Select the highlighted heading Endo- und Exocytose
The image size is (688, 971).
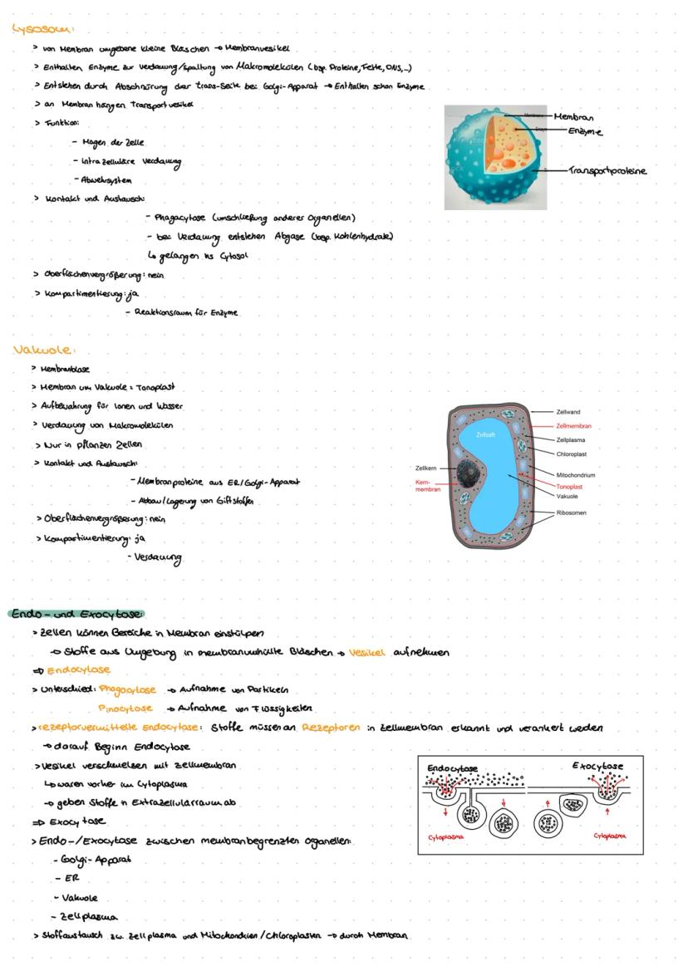pyautogui.click(x=77, y=614)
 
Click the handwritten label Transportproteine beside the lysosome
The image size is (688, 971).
pyautogui.click(x=607, y=171)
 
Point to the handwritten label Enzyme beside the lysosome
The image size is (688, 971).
pyautogui.click(x=585, y=131)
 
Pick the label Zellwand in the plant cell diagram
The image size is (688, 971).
pyautogui.click(x=568, y=412)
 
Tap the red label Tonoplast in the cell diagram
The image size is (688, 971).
pyautogui.click(x=569, y=486)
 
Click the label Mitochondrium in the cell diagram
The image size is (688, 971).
pyautogui.click(x=576, y=475)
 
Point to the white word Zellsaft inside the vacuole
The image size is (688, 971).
pyautogui.click(x=486, y=435)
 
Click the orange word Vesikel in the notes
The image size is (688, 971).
pyautogui.click(x=367, y=653)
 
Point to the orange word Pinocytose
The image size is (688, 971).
pyautogui.click(x=125, y=709)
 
